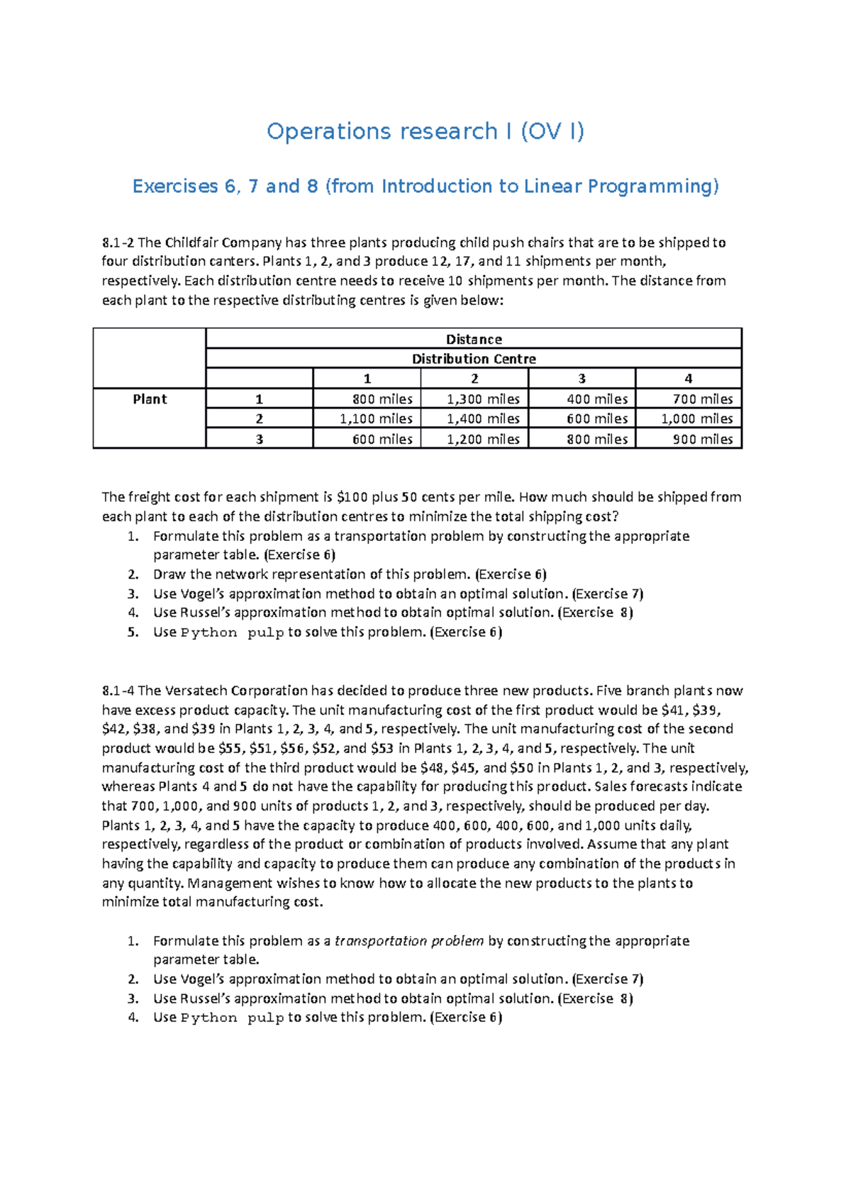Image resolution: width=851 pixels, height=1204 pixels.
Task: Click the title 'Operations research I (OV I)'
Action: pyautogui.click(x=425, y=131)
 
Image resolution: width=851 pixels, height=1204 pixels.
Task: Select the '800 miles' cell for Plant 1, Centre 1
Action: pyautogui.click(x=382, y=399)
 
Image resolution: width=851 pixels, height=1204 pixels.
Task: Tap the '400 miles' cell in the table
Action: pyautogui.click(x=597, y=399)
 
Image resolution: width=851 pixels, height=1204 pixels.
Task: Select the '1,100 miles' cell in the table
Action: pyautogui.click(x=376, y=419)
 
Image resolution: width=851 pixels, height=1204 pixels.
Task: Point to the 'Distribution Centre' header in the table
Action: pyautogui.click(x=474, y=359)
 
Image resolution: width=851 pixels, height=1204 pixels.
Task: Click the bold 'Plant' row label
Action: pyautogui.click(x=150, y=399)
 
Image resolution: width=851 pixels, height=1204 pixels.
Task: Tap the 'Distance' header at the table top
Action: pyautogui.click(x=474, y=340)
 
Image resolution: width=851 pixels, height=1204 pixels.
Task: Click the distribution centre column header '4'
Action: pyautogui.click(x=688, y=379)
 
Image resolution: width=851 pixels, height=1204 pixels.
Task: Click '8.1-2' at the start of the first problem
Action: pyautogui.click(x=118, y=243)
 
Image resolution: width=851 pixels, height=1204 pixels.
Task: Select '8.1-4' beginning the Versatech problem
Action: pyautogui.click(x=118, y=691)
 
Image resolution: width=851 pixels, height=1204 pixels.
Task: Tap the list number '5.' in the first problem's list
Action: pyautogui.click(x=133, y=632)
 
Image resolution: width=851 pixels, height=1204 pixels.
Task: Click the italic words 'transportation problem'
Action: pyautogui.click(x=409, y=941)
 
